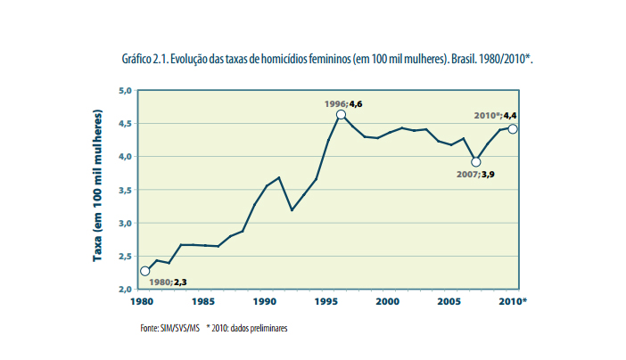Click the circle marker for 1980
pyautogui.click(x=144, y=271)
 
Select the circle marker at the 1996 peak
pyautogui.click(x=342, y=115)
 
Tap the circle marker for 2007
pyautogui.click(x=476, y=162)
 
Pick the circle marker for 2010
pyautogui.click(x=513, y=129)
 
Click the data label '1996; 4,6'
pyautogui.click(x=343, y=104)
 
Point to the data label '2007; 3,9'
pyautogui.click(x=475, y=175)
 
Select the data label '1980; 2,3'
pyautogui.click(x=168, y=282)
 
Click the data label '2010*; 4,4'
pyautogui.click(x=495, y=116)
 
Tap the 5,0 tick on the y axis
pyautogui.click(x=125, y=90)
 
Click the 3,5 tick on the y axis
pyautogui.click(x=125, y=190)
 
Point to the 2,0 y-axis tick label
pyautogui.click(x=125, y=290)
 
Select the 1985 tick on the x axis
pyautogui.click(x=202, y=301)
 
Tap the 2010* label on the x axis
pyautogui.click(x=514, y=301)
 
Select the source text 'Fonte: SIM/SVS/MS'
pyautogui.click(x=169, y=328)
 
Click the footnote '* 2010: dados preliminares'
pyautogui.click(x=247, y=328)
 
